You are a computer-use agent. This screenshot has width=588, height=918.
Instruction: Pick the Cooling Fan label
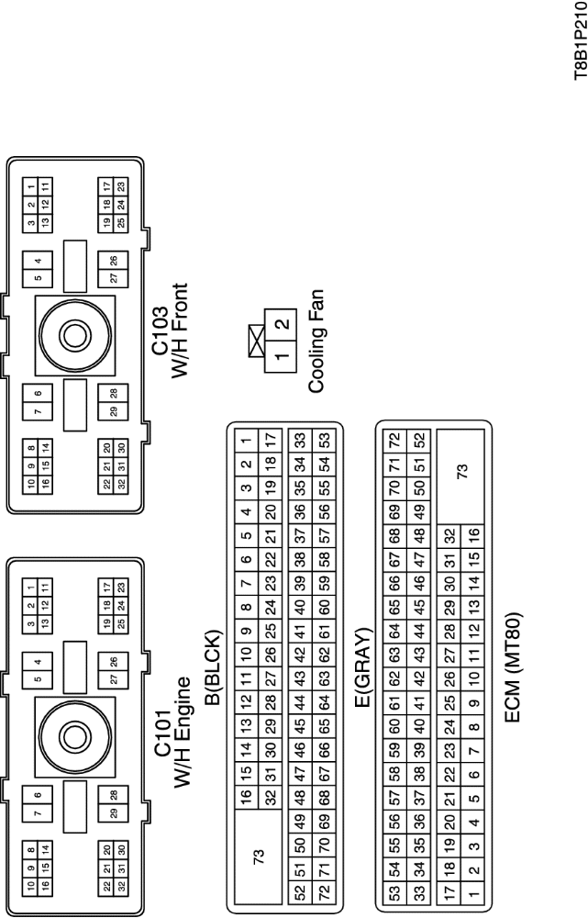(x=316, y=341)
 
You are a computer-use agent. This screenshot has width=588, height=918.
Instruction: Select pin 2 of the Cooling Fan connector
(x=283, y=323)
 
